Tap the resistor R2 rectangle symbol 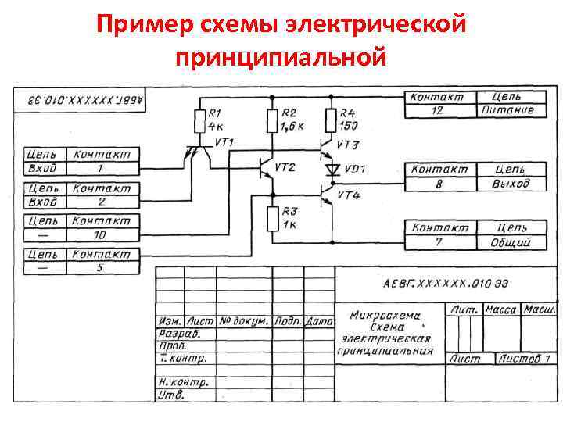pyautogui.click(x=271, y=121)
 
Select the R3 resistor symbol pyautogui.click(x=271, y=218)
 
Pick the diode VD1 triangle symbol pyautogui.click(x=332, y=169)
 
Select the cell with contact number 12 pyautogui.click(x=437, y=110)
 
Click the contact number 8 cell pyautogui.click(x=438, y=184)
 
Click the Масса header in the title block pyautogui.click(x=500, y=309)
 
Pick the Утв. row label pyautogui.click(x=171, y=395)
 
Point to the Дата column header pyautogui.click(x=319, y=321)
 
